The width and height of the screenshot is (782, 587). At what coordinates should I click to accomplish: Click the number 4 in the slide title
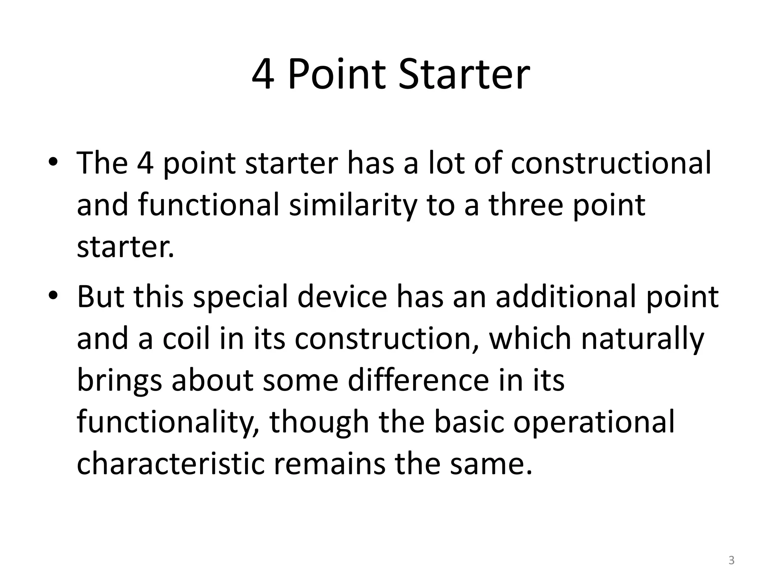pos(263,74)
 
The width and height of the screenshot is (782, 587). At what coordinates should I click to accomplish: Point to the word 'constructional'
pos(611,164)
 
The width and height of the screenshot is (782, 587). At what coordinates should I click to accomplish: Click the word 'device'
pos(342,297)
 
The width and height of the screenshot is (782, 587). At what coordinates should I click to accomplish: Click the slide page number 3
pos(731,561)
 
